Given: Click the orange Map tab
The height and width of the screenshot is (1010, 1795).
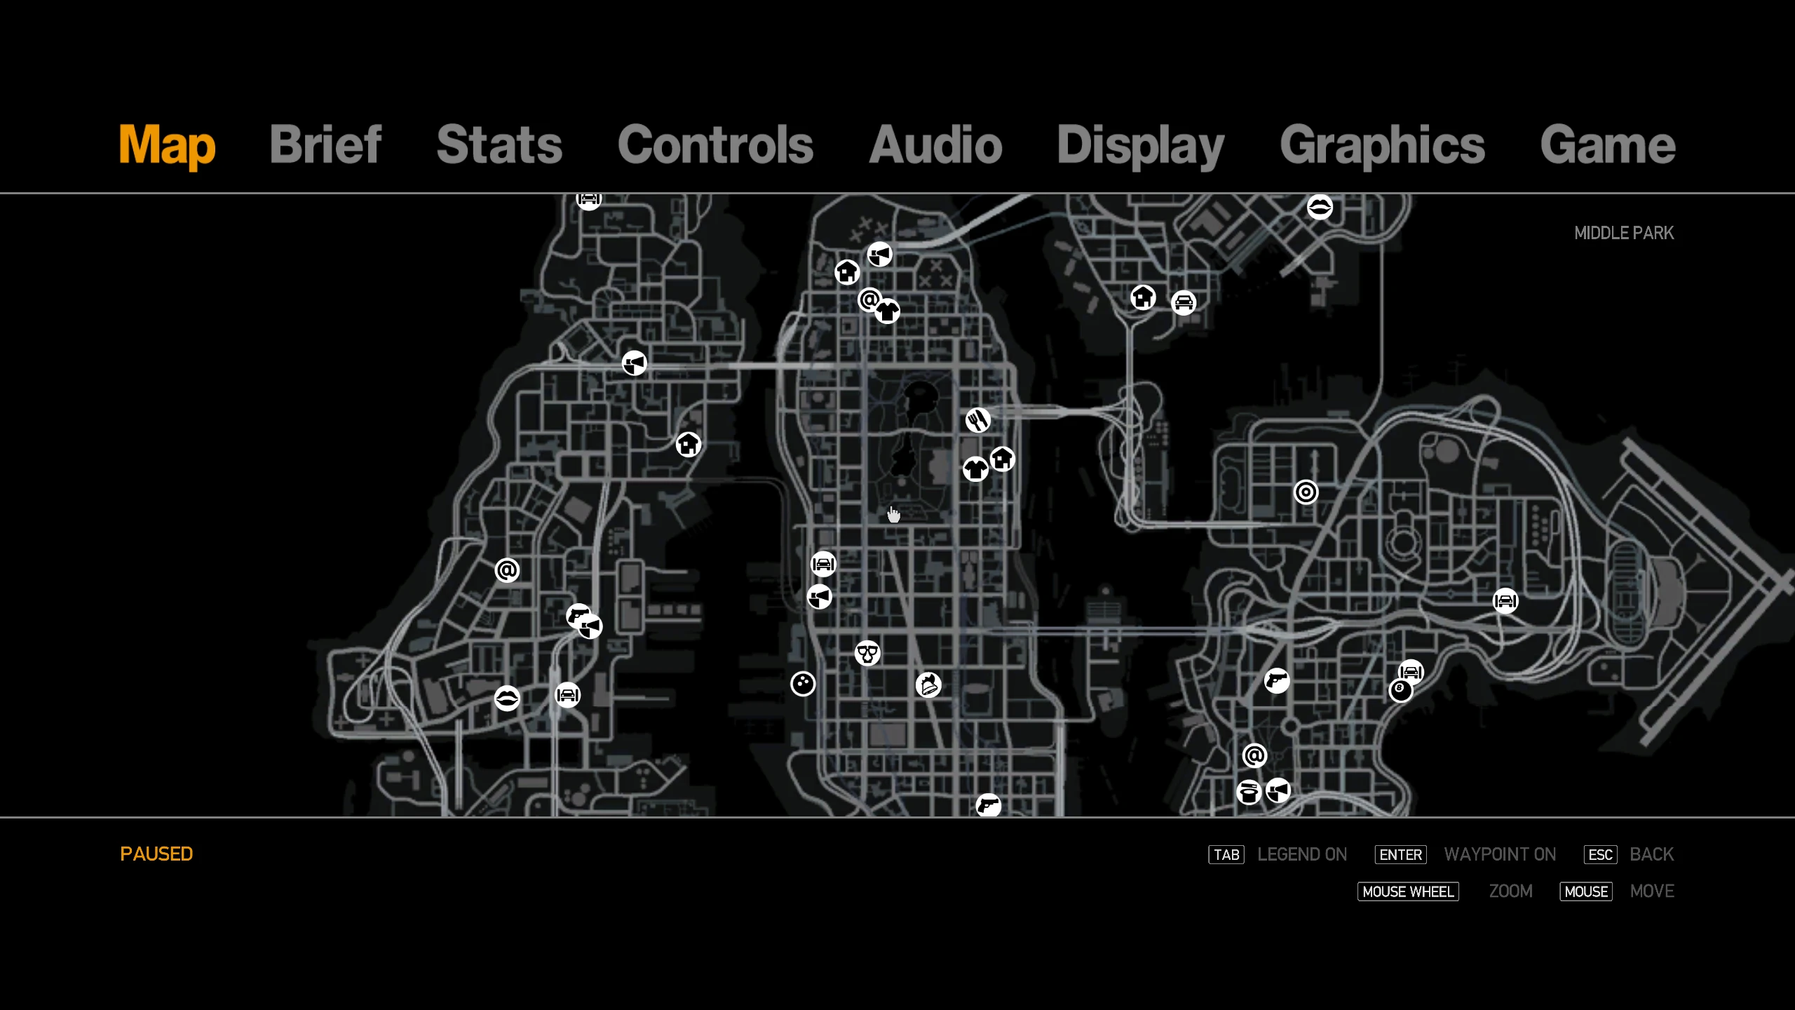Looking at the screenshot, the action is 167,146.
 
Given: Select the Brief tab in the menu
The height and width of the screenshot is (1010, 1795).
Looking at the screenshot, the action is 325,144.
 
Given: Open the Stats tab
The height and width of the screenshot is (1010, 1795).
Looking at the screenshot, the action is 499,144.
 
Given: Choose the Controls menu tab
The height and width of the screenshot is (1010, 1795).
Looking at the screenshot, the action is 715,144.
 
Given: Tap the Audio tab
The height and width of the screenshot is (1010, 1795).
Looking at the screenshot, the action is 935,144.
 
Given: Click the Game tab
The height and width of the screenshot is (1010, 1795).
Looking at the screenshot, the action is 1608,144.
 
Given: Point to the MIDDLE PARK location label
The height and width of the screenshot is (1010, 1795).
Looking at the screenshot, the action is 1624,233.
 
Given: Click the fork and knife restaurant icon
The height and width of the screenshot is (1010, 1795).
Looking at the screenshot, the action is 978,420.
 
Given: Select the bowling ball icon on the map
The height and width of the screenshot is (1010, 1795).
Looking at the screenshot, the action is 803,684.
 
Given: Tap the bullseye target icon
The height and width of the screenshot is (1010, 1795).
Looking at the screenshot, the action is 1306,492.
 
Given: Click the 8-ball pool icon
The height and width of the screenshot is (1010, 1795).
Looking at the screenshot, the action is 1401,691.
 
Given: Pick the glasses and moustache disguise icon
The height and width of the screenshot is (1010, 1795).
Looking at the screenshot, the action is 867,654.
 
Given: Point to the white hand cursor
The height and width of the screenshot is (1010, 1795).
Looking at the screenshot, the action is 893,515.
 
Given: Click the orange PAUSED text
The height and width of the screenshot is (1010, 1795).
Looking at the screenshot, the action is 156,854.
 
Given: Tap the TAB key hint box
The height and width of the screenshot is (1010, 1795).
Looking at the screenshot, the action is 1226,855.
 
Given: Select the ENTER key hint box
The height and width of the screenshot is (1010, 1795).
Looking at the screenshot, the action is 1401,855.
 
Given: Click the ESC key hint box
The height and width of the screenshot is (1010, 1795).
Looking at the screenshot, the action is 1601,855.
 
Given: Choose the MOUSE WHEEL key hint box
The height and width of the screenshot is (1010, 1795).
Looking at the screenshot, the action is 1408,891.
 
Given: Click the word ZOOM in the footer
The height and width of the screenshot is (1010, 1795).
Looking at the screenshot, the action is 1511,891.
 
